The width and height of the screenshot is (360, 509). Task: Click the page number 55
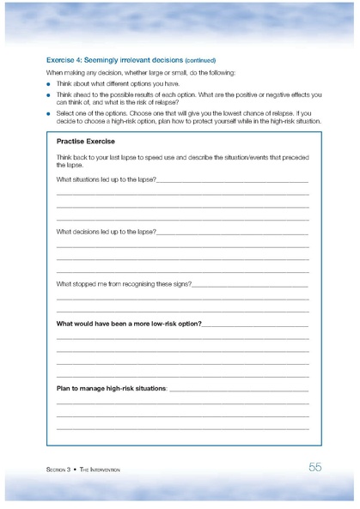coord(314,467)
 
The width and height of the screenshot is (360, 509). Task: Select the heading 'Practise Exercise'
coord(87,140)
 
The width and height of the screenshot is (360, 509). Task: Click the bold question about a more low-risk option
coord(129,324)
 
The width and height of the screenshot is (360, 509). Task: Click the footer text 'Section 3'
coord(59,470)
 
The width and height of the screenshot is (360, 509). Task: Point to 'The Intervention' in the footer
coord(101,470)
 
